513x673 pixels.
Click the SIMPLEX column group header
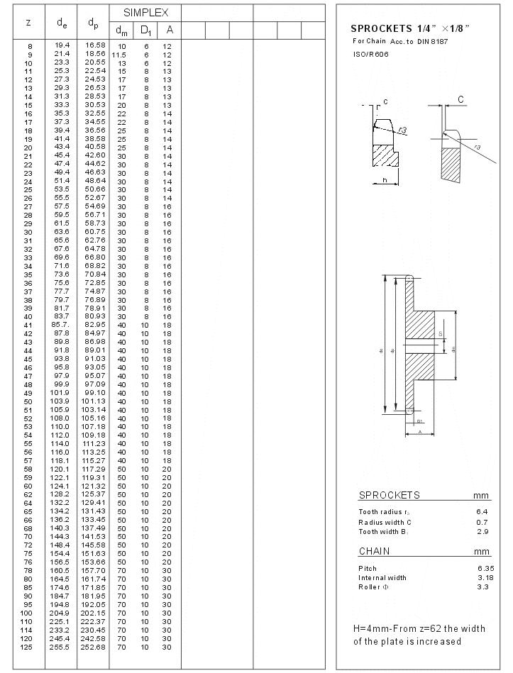(145, 13)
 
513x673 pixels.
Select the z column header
(28, 22)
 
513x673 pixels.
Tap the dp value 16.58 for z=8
(94, 45)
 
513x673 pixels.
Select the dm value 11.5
(121, 55)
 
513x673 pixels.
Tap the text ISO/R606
(367, 54)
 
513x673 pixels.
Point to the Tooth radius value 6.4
(482, 512)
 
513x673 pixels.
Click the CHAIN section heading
(374, 551)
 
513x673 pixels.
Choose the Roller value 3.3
(482, 587)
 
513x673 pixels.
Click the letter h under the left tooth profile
(385, 180)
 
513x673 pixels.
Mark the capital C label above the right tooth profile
(460, 100)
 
